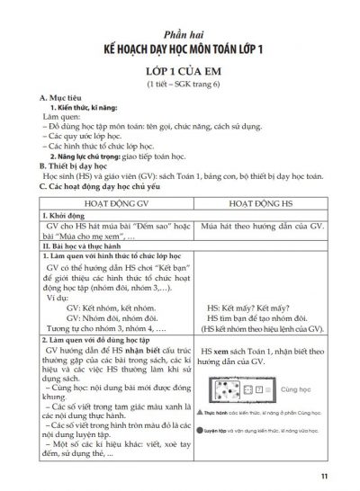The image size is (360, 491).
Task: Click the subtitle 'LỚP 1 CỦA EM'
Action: tap(180, 71)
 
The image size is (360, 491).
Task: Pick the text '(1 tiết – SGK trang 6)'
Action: tap(180, 85)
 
